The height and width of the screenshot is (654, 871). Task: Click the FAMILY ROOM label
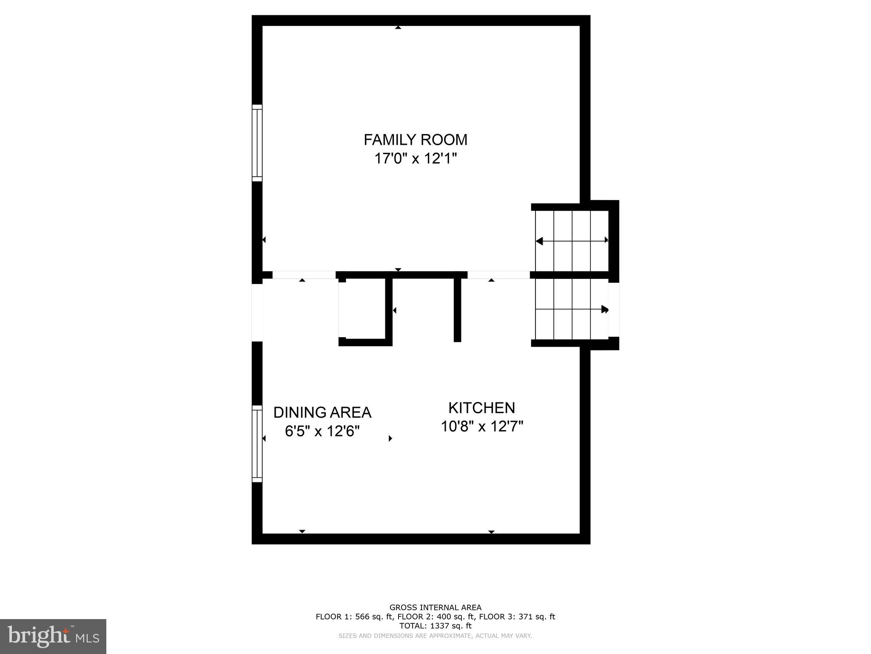click(x=415, y=140)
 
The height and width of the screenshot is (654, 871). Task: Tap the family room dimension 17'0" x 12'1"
click(x=415, y=159)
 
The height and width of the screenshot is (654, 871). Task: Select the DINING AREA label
click(x=322, y=413)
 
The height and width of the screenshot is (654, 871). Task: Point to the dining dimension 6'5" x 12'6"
click(x=322, y=431)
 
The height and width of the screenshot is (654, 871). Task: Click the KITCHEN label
click(x=481, y=408)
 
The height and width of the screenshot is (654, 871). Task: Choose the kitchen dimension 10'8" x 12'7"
click(x=481, y=426)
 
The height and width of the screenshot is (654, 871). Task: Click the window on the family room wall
click(x=257, y=143)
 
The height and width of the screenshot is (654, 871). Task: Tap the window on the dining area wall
click(x=257, y=444)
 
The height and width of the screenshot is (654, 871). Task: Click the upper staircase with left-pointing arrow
click(x=572, y=241)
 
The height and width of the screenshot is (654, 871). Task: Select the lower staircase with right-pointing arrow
click(x=572, y=309)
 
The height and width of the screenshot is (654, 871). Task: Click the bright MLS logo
click(x=53, y=636)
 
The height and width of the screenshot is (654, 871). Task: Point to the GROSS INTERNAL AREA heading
click(x=435, y=608)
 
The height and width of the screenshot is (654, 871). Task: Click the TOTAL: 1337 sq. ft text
click(x=435, y=626)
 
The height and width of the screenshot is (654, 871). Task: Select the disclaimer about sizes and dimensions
click(x=435, y=636)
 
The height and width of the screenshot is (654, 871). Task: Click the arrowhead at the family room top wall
click(x=398, y=28)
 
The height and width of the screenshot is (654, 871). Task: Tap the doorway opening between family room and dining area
click(x=304, y=275)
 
